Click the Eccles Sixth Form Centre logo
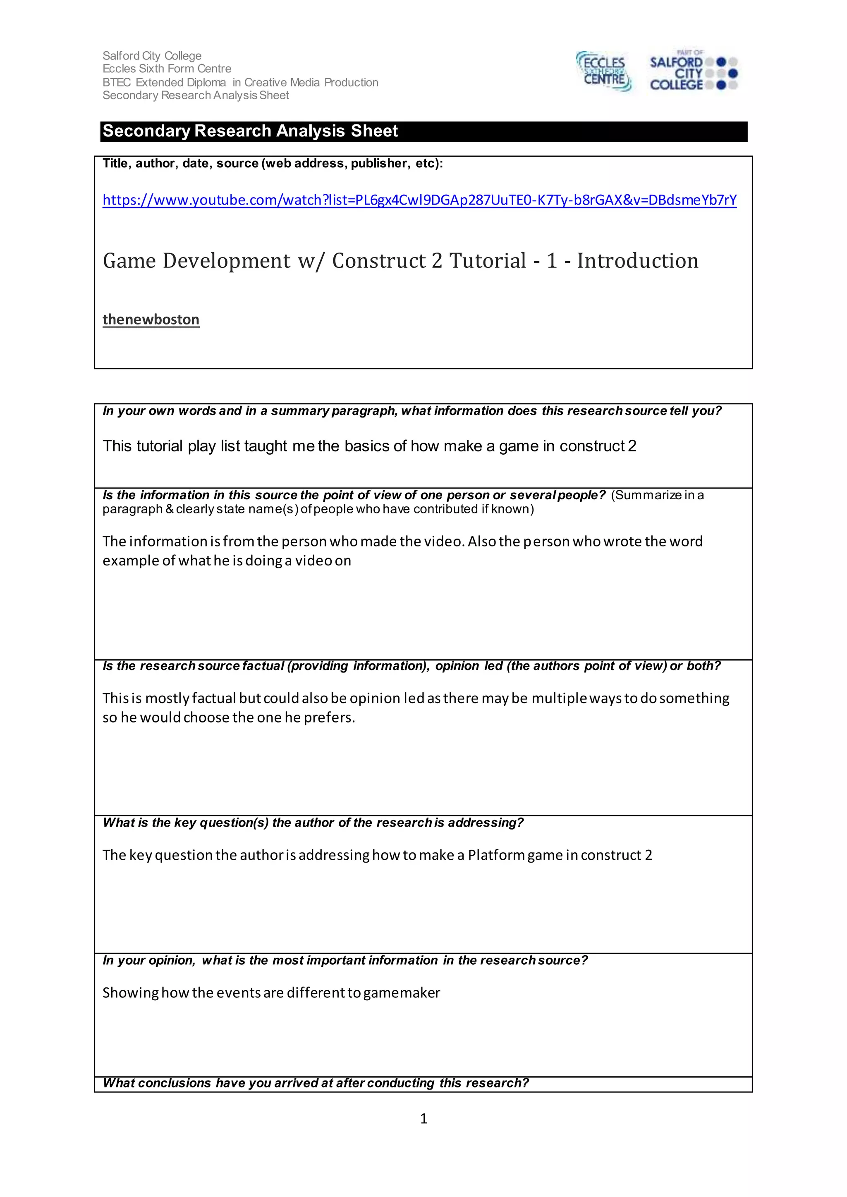coord(603,72)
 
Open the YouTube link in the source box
coord(419,200)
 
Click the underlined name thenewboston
coord(151,319)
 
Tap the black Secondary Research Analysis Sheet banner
coord(423,131)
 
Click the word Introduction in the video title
coord(637,261)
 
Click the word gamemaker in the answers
coord(402,993)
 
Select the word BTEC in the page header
coord(117,82)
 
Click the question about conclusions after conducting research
coord(316,1083)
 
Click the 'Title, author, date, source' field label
coord(272,164)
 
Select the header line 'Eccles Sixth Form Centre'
coord(167,69)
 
